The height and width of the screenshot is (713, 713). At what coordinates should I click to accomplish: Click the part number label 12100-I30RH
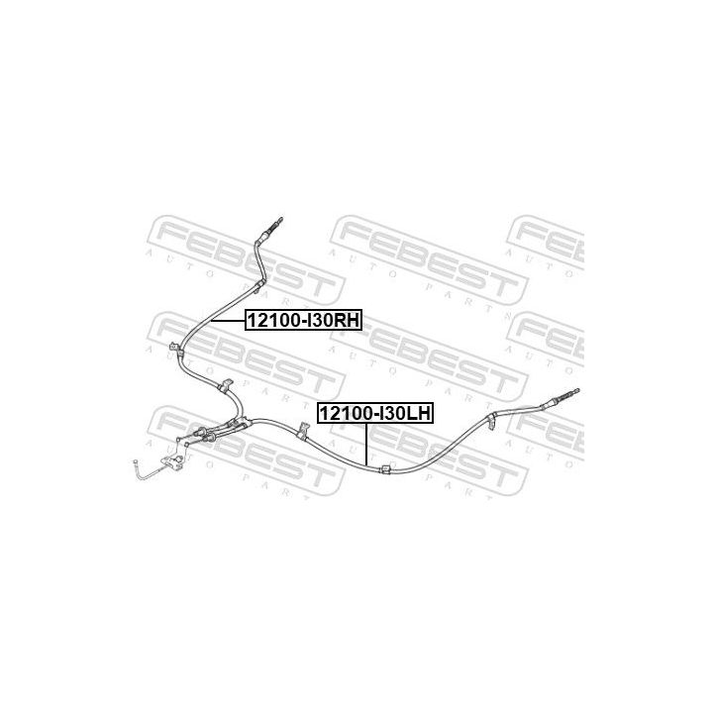click(x=303, y=321)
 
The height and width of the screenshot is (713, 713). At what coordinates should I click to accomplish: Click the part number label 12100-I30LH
click(x=375, y=414)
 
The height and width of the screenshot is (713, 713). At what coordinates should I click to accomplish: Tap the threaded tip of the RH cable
click(x=277, y=223)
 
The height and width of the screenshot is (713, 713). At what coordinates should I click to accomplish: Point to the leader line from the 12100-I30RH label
click(x=229, y=321)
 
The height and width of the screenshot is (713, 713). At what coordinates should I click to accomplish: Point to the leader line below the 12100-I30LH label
click(x=365, y=444)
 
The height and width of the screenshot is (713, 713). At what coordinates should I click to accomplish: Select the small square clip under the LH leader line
click(x=384, y=469)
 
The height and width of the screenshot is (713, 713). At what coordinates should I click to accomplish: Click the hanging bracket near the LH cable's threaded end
click(x=491, y=421)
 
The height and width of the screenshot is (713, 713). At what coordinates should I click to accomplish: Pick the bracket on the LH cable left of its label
click(x=302, y=432)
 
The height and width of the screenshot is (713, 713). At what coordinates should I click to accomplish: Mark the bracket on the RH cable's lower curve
click(x=225, y=386)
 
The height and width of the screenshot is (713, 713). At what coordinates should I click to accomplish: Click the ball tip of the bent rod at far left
click(x=136, y=463)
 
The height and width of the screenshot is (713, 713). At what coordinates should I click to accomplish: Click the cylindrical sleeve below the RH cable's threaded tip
click(x=262, y=237)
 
